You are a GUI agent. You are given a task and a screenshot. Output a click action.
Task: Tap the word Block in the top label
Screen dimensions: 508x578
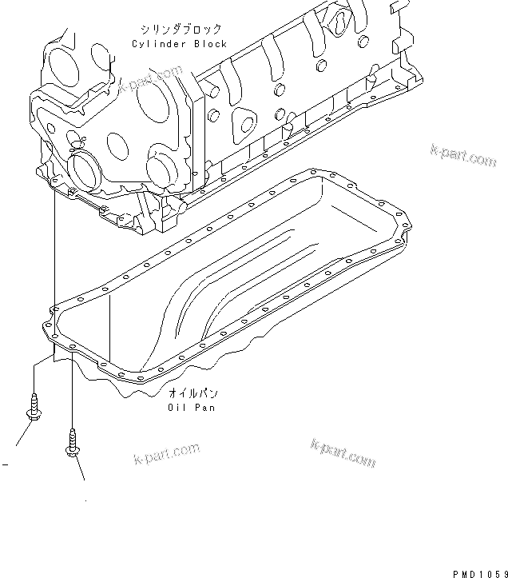[x=209, y=44]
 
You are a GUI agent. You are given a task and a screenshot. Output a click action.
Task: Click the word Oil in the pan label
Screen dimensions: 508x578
[x=177, y=407]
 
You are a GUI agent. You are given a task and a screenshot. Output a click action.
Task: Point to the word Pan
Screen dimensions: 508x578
[x=205, y=407]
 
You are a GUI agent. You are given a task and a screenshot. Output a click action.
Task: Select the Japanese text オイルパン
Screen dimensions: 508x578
[x=192, y=393]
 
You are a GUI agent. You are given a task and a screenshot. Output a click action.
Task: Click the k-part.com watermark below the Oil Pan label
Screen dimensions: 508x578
[x=343, y=452]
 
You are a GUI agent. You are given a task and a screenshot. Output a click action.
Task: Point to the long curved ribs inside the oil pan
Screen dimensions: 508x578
[x=240, y=280]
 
